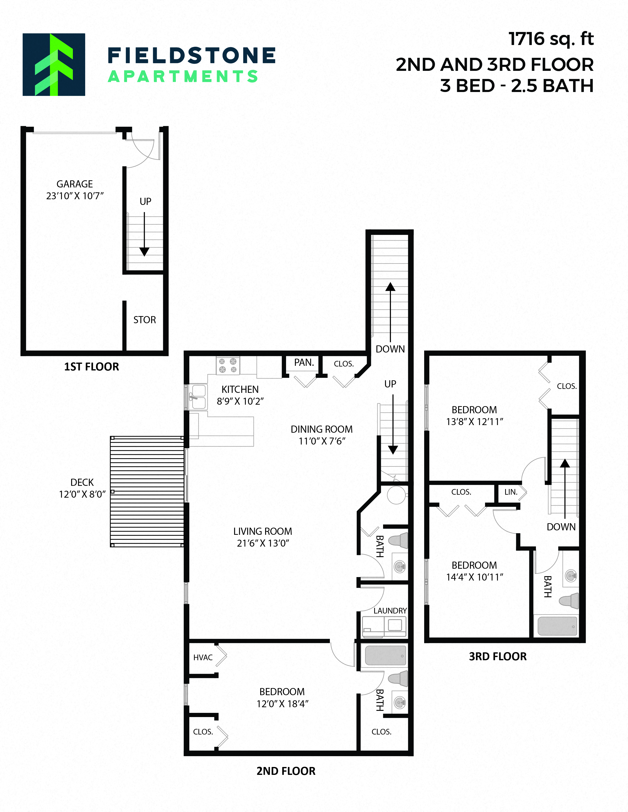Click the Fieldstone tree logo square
point(54,65)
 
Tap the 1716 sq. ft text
point(551,39)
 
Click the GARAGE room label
point(74,184)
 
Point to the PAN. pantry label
point(304,363)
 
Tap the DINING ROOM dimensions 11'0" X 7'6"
point(322,441)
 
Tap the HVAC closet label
point(203,657)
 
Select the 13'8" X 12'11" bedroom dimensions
point(474,422)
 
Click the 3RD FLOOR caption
point(498,656)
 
